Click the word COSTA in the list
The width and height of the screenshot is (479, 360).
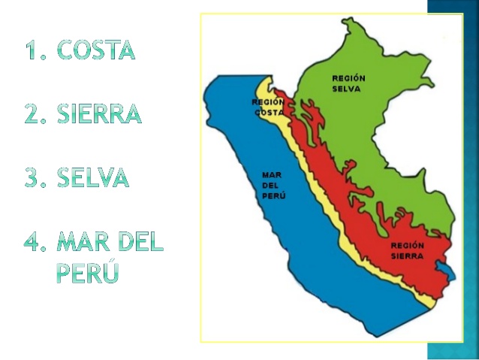point(96,50)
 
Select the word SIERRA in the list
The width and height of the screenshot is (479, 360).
point(98,114)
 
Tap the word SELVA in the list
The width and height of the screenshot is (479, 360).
point(92,178)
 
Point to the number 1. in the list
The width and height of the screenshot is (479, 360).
point(37,50)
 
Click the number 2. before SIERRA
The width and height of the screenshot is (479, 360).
point(37,114)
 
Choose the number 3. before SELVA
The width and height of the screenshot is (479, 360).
point(37,178)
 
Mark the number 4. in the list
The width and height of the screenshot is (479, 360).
point(38,243)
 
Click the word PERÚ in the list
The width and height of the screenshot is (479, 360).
point(88,273)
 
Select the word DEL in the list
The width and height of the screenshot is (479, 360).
point(141,243)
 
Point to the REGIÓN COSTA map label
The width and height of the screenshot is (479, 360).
point(268,107)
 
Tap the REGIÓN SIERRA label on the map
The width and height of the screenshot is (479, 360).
point(408,250)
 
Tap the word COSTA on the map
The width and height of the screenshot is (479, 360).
point(269,113)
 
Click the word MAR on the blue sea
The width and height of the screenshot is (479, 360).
point(270,174)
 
